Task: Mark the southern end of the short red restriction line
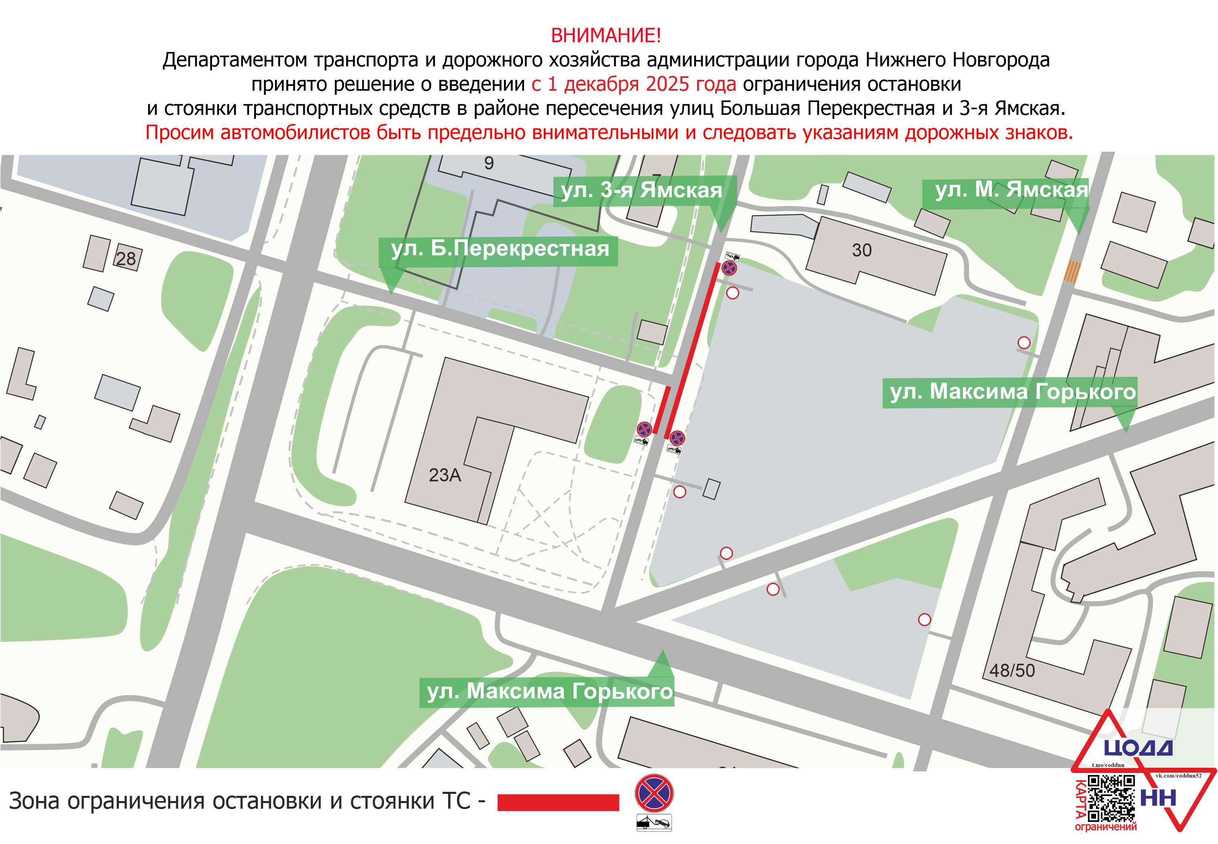[655, 433]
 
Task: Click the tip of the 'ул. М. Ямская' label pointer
[1079, 233]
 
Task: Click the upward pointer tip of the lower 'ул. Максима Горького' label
[663, 650]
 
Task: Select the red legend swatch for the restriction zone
[558, 802]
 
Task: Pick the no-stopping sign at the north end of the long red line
[729, 268]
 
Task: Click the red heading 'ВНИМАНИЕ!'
[606, 35]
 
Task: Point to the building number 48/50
[1012, 671]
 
